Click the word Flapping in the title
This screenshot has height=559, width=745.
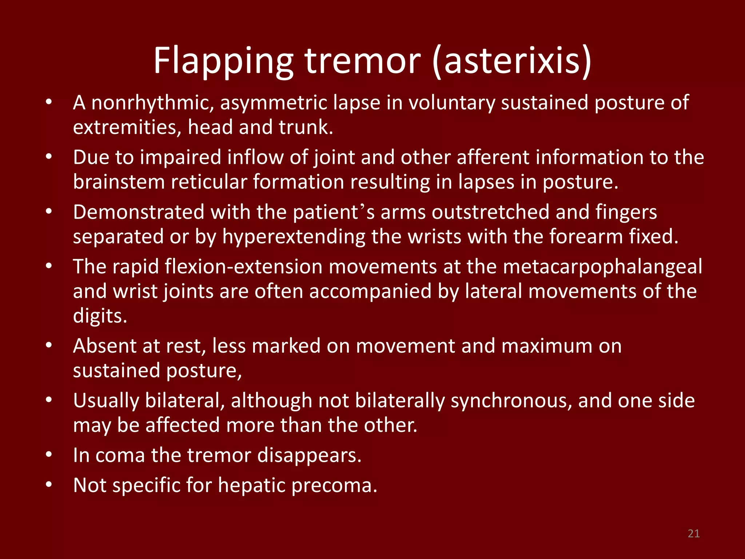[223, 61]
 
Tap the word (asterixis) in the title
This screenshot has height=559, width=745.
[512, 61]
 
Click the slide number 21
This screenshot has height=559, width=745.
[694, 534]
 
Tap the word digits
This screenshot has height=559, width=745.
[100, 316]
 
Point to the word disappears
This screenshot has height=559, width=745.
[309, 455]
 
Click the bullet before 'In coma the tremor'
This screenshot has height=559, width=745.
[49, 455]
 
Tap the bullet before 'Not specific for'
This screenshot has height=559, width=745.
[49, 485]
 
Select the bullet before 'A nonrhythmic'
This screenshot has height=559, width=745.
[49, 102]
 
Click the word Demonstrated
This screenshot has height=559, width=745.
[139, 212]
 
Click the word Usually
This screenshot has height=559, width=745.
[106, 401]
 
